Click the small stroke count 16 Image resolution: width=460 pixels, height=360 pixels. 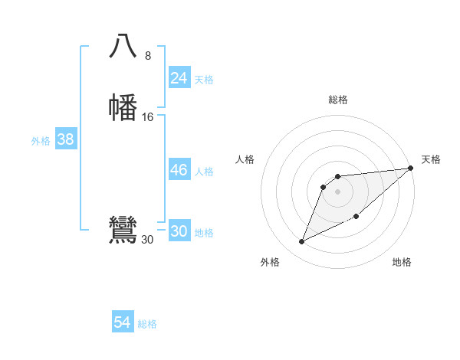click(x=148, y=116)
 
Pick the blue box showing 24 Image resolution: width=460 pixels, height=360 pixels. click(x=179, y=78)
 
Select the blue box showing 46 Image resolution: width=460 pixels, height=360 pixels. click(x=179, y=170)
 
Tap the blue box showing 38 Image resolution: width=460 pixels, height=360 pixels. click(x=65, y=139)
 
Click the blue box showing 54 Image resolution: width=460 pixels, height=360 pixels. click(x=122, y=322)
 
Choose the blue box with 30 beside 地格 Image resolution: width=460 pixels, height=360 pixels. click(x=179, y=231)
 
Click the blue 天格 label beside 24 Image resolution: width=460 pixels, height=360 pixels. click(x=204, y=80)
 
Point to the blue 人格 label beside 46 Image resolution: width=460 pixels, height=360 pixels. click(x=204, y=172)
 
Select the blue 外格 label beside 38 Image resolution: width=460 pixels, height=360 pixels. click(x=40, y=141)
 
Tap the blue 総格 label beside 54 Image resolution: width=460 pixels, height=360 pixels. click(x=147, y=324)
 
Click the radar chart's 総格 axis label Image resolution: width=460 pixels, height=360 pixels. click(x=338, y=100)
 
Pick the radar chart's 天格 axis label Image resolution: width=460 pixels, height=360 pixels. click(x=431, y=159)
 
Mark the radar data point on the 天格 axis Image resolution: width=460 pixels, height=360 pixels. click(x=410, y=168)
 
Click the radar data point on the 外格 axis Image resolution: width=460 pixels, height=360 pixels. click(x=302, y=241)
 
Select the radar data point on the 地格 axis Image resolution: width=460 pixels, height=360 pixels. click(x=357, y=217)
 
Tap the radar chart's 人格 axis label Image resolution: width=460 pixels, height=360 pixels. click(x=245, y=159)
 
